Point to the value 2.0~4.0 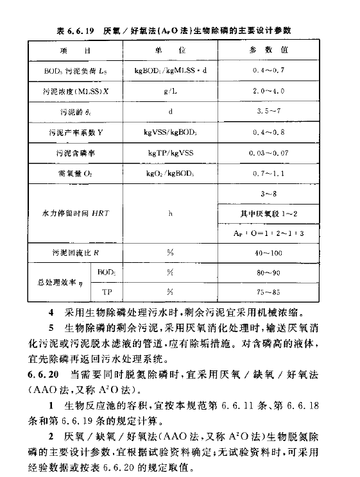click(277, 91)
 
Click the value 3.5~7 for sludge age click(277, 112)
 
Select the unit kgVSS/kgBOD click(170, 133)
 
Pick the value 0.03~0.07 click(277, 153)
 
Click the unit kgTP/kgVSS click(170, 153)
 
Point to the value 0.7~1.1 click(277, 174)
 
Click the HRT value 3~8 click(277, 193)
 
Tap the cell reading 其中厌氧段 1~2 click(277, 213)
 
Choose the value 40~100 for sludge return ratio click(277, 253)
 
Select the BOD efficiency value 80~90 click(277, 272)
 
